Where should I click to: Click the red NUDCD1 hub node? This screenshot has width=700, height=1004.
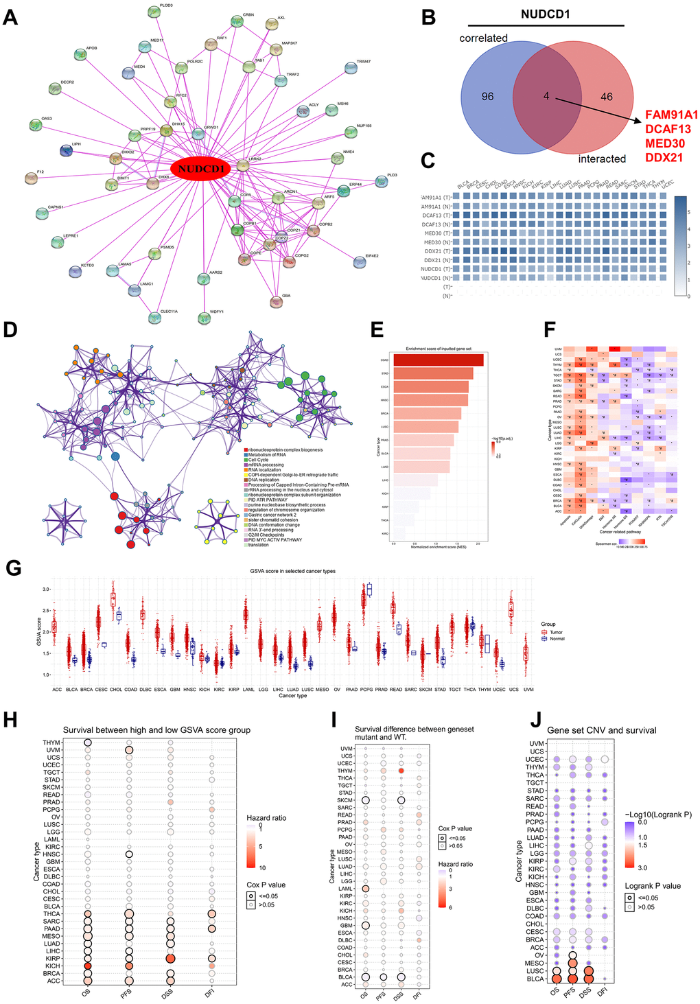pos(201,169)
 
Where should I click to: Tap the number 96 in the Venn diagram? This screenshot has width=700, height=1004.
pos(487,97)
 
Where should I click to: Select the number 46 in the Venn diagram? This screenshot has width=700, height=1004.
pos(607,97)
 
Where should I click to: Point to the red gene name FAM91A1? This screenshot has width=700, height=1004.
pos(671,115)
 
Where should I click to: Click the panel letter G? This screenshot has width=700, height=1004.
pos(12,568)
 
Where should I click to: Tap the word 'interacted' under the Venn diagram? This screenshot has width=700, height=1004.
pos(602,159)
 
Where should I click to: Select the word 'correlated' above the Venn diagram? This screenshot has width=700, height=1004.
pos(483,38)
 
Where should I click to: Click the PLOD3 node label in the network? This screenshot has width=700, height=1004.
pos(166,5)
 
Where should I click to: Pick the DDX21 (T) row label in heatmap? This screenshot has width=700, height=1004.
pos(437,251)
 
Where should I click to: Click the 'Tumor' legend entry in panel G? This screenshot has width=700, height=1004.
pos(556,632)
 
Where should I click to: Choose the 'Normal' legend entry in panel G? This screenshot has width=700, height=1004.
pos(557,639)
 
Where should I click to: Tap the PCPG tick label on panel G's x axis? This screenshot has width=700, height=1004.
pos(366,689)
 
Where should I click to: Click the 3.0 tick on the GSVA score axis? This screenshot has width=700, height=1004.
pos(46,589)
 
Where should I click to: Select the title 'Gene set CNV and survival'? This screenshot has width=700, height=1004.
pos(601,730)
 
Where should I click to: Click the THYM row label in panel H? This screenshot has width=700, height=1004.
pos(51,743)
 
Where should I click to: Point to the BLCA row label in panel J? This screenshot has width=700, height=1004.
pos(535,979)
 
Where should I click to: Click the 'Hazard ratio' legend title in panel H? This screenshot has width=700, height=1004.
pos(266,818)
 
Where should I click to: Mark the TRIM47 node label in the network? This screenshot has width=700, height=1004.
pos(363,62)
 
